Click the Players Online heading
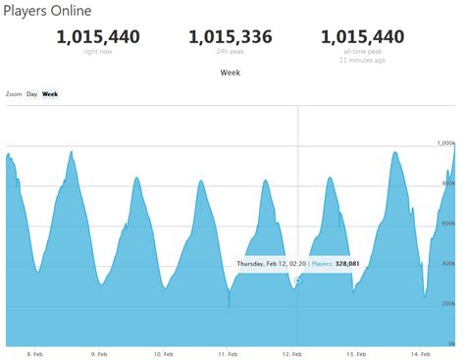[x=48, y=12]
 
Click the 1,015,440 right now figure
[x=98, y=37]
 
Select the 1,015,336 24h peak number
[x=232, y=37]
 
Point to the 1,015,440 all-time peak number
[x=363, y=37]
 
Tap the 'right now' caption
[x=98, y=52]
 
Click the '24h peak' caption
[x=232, y=52]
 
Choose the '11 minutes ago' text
[x=363, y=61]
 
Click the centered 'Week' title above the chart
[x=232, y=73]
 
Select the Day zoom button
[x=32, y=94]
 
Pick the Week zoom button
[x=49, y=94]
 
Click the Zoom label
[x=14, y=94]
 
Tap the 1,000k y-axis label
[x=446, y=143]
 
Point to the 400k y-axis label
[x=448, y=264]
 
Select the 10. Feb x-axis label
[x=162, y=353]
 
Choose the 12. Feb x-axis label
[x=291, y=353]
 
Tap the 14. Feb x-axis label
[x=420, y=353]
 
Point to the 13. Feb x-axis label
[x=356, y=353]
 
